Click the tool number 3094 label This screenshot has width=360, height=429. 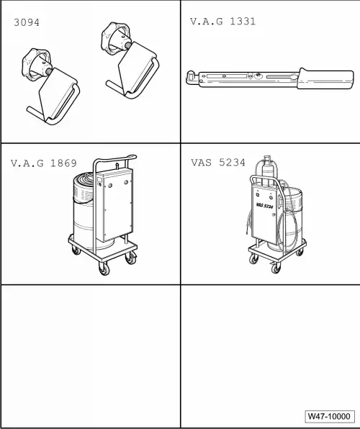click(27, 22)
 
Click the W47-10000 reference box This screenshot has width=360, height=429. click(330, 416)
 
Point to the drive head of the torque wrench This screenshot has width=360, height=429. click(192, 76)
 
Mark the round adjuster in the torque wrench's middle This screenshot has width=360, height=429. click(258, 74)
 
